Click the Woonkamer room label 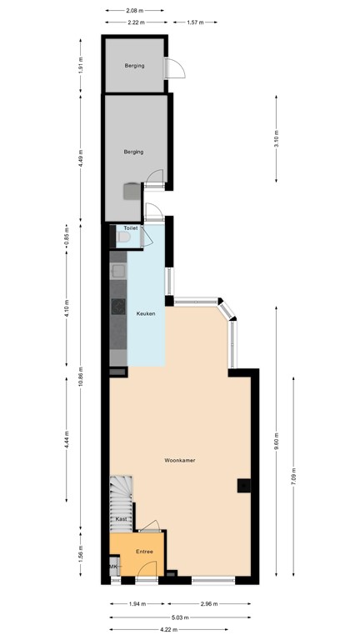[180, 459]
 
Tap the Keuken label [147, 312]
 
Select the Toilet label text [130, 227]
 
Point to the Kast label [121, 519]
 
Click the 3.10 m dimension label [276, 139]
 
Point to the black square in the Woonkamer [242, 486]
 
